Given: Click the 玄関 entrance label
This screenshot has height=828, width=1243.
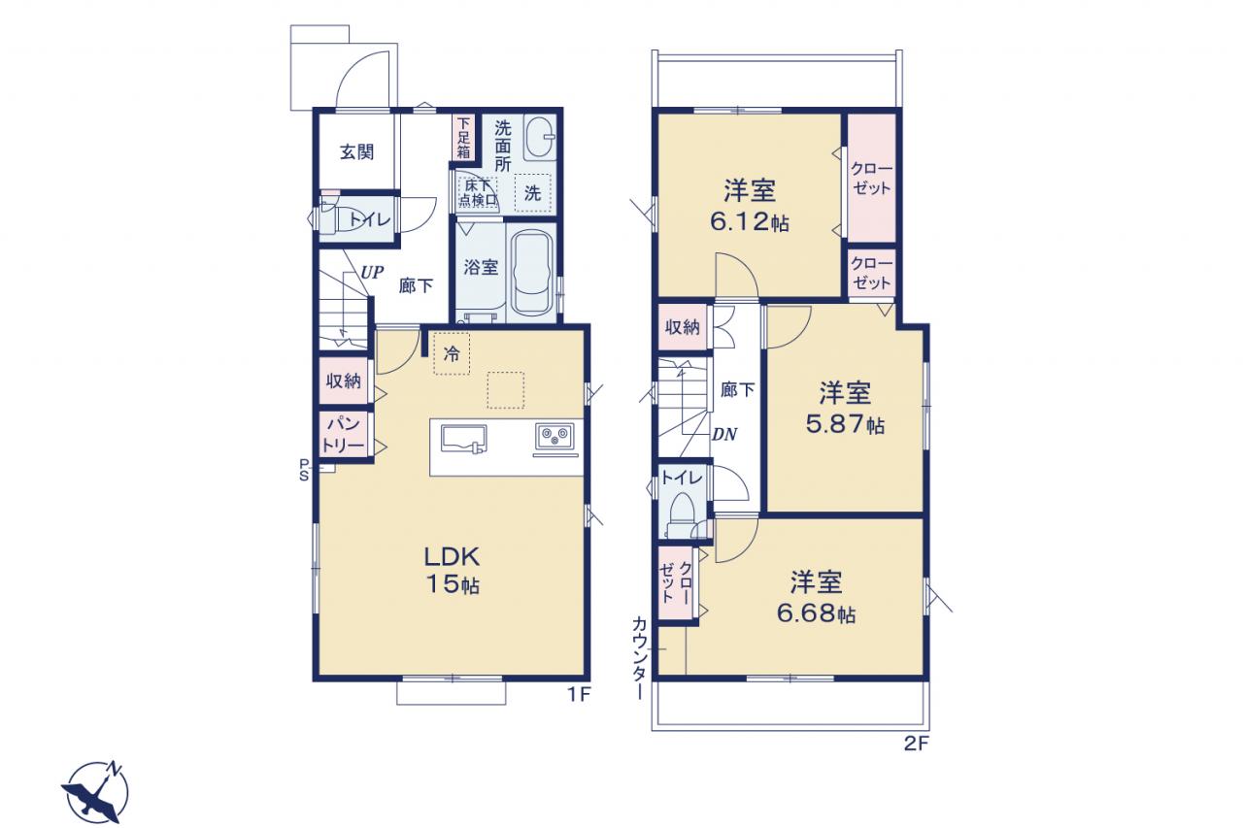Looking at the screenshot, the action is [x=356, y=152].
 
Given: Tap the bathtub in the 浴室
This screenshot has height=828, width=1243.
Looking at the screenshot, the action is [x=532, y=273].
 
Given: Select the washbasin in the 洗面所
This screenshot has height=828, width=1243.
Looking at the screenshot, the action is [x=539, y=138].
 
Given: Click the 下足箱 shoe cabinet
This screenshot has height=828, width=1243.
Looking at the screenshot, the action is [x=463, y=137].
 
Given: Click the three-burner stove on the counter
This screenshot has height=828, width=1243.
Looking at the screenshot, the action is [x=554, y=437].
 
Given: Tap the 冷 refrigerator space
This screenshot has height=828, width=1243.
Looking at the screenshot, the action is [x=452, y=354].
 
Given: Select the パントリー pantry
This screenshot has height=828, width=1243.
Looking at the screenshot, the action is [x=344, y=435].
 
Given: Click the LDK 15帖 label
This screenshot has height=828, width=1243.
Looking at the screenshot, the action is [x=453, y=570].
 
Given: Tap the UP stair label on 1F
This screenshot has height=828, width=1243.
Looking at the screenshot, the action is [x=372, y=273].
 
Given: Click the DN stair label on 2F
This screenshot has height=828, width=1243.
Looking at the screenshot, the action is [x=724, y=434].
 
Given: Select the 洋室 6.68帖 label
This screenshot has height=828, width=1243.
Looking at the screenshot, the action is [x=816, y=597].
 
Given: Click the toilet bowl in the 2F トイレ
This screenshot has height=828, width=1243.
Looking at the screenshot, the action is [x=683, y=514].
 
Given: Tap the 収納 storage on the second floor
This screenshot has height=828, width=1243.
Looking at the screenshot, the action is [x=683, y=327].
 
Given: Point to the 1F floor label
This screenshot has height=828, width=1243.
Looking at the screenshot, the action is [x=580, y=694].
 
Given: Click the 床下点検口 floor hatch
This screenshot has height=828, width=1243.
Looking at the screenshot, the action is [x=477, y=192].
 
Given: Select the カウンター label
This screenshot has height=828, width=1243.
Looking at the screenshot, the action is [x=639, y=657].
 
